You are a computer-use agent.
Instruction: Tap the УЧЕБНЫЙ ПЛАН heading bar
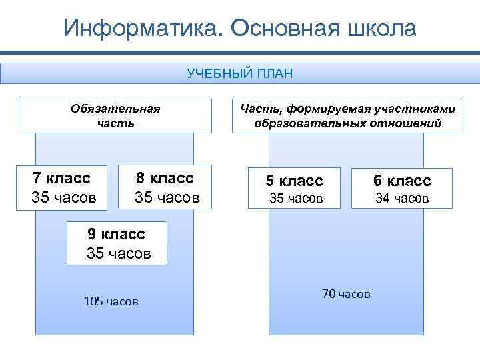240,73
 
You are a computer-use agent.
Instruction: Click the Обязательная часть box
115,115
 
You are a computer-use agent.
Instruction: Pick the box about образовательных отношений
347,115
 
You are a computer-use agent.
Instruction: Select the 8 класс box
165,187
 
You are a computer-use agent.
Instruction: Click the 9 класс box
117,243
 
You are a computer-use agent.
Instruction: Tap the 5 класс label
294,181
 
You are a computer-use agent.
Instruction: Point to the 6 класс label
401,181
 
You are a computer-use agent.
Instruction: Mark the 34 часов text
401,198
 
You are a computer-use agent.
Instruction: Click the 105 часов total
111,301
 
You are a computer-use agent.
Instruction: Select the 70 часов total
345,293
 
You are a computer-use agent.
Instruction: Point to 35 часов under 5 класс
295,198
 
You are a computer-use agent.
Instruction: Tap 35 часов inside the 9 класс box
119,253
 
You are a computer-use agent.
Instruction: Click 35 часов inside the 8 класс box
167,197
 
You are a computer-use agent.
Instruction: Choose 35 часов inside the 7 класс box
64,197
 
